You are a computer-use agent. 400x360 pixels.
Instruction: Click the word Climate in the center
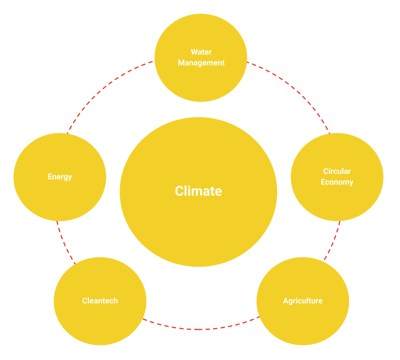click(x=198, y=191)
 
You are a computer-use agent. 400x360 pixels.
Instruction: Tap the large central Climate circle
click(x=198, y=227)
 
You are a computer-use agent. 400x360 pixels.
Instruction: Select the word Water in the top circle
click(x=201, y=52)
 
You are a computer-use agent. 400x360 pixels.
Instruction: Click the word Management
click(x=201, y=63)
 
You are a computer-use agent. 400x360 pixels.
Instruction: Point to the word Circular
click(x=337, y=171)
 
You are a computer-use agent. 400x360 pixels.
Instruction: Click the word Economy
click(x=337, y=182)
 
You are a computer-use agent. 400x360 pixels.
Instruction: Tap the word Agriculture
click(x=302, y=301)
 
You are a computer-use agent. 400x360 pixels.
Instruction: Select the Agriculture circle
click(x=302, y=324)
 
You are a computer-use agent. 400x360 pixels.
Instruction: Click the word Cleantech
click(x=100, y=301)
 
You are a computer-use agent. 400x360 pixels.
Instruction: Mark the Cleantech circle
click(x=100, y=324)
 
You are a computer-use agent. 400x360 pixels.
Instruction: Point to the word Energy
click(x=59, y=176)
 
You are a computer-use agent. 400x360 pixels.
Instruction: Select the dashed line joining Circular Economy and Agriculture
click(x=334, y=240)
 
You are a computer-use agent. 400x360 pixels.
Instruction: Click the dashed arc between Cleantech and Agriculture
click(x=199, y=329)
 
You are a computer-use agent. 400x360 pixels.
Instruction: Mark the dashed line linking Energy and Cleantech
click(x=63, y=243)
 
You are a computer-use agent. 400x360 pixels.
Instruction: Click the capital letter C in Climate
click(x=179, y=191)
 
